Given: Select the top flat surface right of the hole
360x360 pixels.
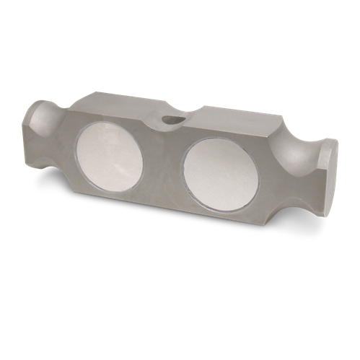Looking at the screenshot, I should coord(231,115).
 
